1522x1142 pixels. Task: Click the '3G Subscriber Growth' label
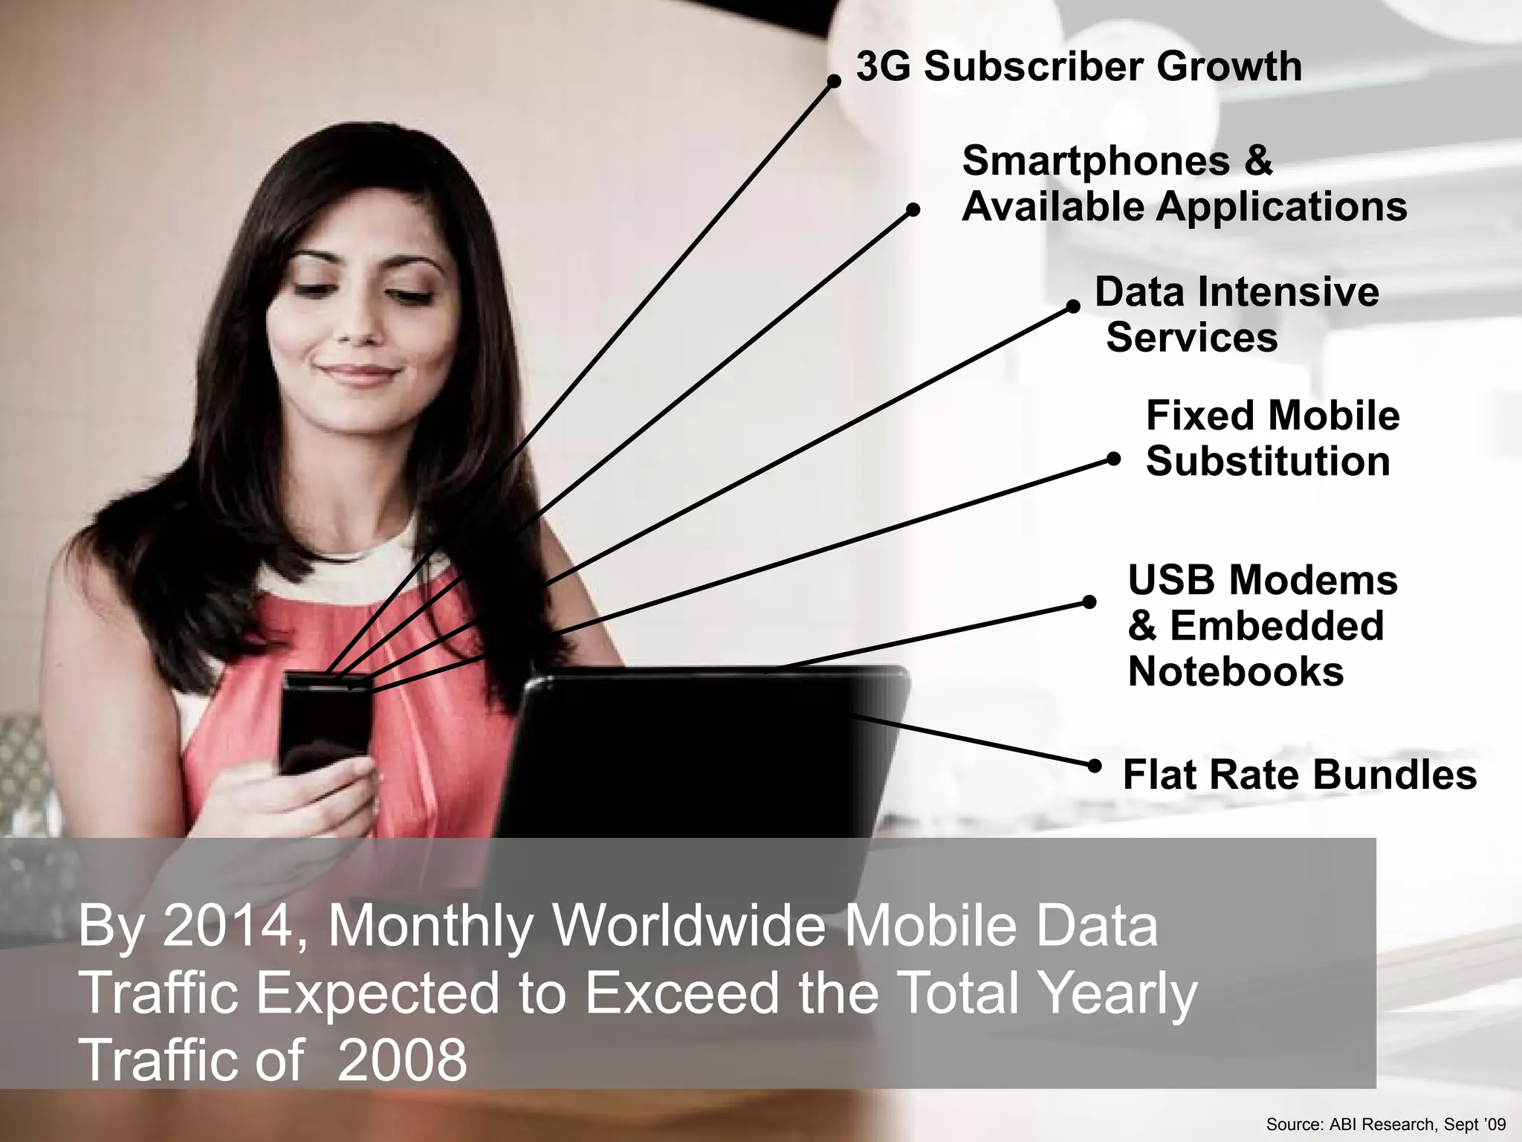coord(1078,67)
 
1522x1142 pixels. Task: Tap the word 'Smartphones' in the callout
coord(1095,161)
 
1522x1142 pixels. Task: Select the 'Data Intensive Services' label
coord(1236,314)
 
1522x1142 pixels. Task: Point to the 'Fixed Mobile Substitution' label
coord(1272,438)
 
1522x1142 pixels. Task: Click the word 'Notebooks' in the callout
coord(1235,672)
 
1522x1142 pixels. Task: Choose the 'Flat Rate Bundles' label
coord(1299,775)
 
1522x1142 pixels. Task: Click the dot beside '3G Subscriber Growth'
coord(834,82)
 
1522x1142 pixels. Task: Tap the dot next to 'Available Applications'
coord(913,210)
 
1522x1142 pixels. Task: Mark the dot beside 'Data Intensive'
coord(1073,306)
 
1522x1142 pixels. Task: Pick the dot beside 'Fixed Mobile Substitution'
coord(1113,459)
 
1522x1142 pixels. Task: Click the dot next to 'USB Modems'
coord(1089,601)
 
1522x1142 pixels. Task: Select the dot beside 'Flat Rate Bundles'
coord(1095,765)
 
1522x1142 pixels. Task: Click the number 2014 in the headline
coord(227,926)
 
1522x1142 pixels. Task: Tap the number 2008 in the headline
coord(402,1059)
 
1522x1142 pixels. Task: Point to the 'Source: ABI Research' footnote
coord(1385,1124)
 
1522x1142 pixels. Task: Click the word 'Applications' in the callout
coord(1281,207)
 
